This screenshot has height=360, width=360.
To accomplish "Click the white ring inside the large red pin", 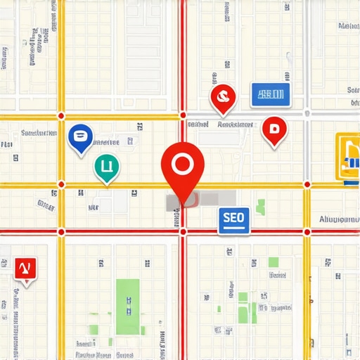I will coord(182,164).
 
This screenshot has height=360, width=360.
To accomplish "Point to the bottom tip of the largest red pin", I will coord(183,205).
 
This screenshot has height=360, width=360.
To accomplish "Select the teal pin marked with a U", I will coord(106,167).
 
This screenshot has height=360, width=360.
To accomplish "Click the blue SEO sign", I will coord(233,219).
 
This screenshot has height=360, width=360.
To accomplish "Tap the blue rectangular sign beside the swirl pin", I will coord(271,94).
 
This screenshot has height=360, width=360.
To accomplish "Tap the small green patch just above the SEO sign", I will coord(261,206).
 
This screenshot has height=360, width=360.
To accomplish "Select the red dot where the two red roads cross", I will coord(183,231).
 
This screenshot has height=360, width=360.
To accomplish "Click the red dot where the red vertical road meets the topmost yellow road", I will coord(183,115).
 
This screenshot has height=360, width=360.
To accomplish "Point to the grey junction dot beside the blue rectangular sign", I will coord(307,112).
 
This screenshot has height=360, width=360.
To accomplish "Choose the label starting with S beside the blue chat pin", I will coord(39,132).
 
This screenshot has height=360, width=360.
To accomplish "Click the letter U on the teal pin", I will coord(106,166).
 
